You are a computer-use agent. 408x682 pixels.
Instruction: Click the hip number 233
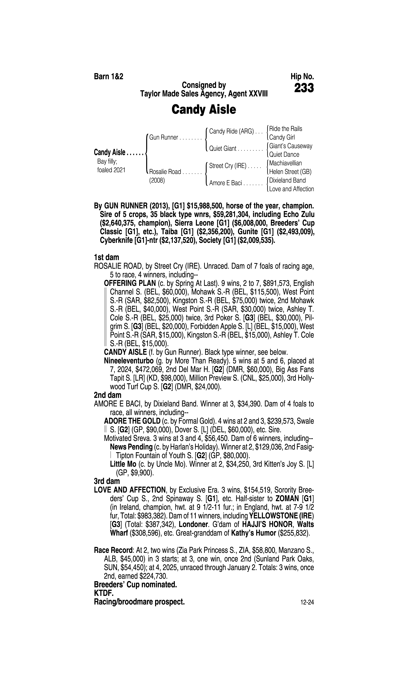pyautogui.click(x=304, y=88)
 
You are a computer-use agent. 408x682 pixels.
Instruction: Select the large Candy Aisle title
pyautogui.click(x=204, y=110)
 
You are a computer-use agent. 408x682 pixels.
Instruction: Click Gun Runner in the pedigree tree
pyautogui.click(x=164, y=137)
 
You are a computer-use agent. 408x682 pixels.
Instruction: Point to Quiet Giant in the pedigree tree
pyautogui.click(x=223, y=149)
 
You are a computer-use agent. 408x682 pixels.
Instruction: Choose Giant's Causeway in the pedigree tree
pyautogui.click(x=291, y=146)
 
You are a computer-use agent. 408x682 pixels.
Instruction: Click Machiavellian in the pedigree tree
pyautogui.click(x=285, y=163)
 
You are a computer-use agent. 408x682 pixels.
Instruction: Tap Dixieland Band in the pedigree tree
pyautogui.click(x=287, y=181)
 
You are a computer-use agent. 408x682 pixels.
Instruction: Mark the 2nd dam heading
pyautogui.click(x=107, y=395)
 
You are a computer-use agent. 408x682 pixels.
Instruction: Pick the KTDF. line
pyautogui.click(x=104, y=593)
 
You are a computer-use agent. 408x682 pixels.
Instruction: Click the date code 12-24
pyautogui.click(x=307, y=602)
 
